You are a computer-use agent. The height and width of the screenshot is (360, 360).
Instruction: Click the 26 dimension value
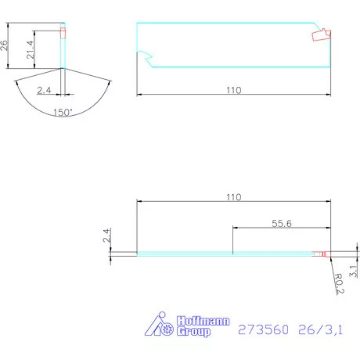pyautogui.click(x=5, y=45)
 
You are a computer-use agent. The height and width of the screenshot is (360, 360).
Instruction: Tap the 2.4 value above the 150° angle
pyautogui.click(x=45, y=91)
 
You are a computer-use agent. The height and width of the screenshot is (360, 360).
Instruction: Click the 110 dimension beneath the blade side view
pyautogui.click(x=233, y=90)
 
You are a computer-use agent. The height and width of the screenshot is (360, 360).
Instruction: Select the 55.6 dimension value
pyautogui.click(x=281, y=223)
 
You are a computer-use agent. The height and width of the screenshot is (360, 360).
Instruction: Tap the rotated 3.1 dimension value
pyautogui.click(x=353, y=272)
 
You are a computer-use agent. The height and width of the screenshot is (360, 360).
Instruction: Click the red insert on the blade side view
pyautogui.click(x=321, y=35)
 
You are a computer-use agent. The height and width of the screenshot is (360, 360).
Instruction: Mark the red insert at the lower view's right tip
pyautogui.click(x=322, y=254)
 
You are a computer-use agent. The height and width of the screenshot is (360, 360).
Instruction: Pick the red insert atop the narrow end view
pyautogui.click(x=65, y=33)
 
